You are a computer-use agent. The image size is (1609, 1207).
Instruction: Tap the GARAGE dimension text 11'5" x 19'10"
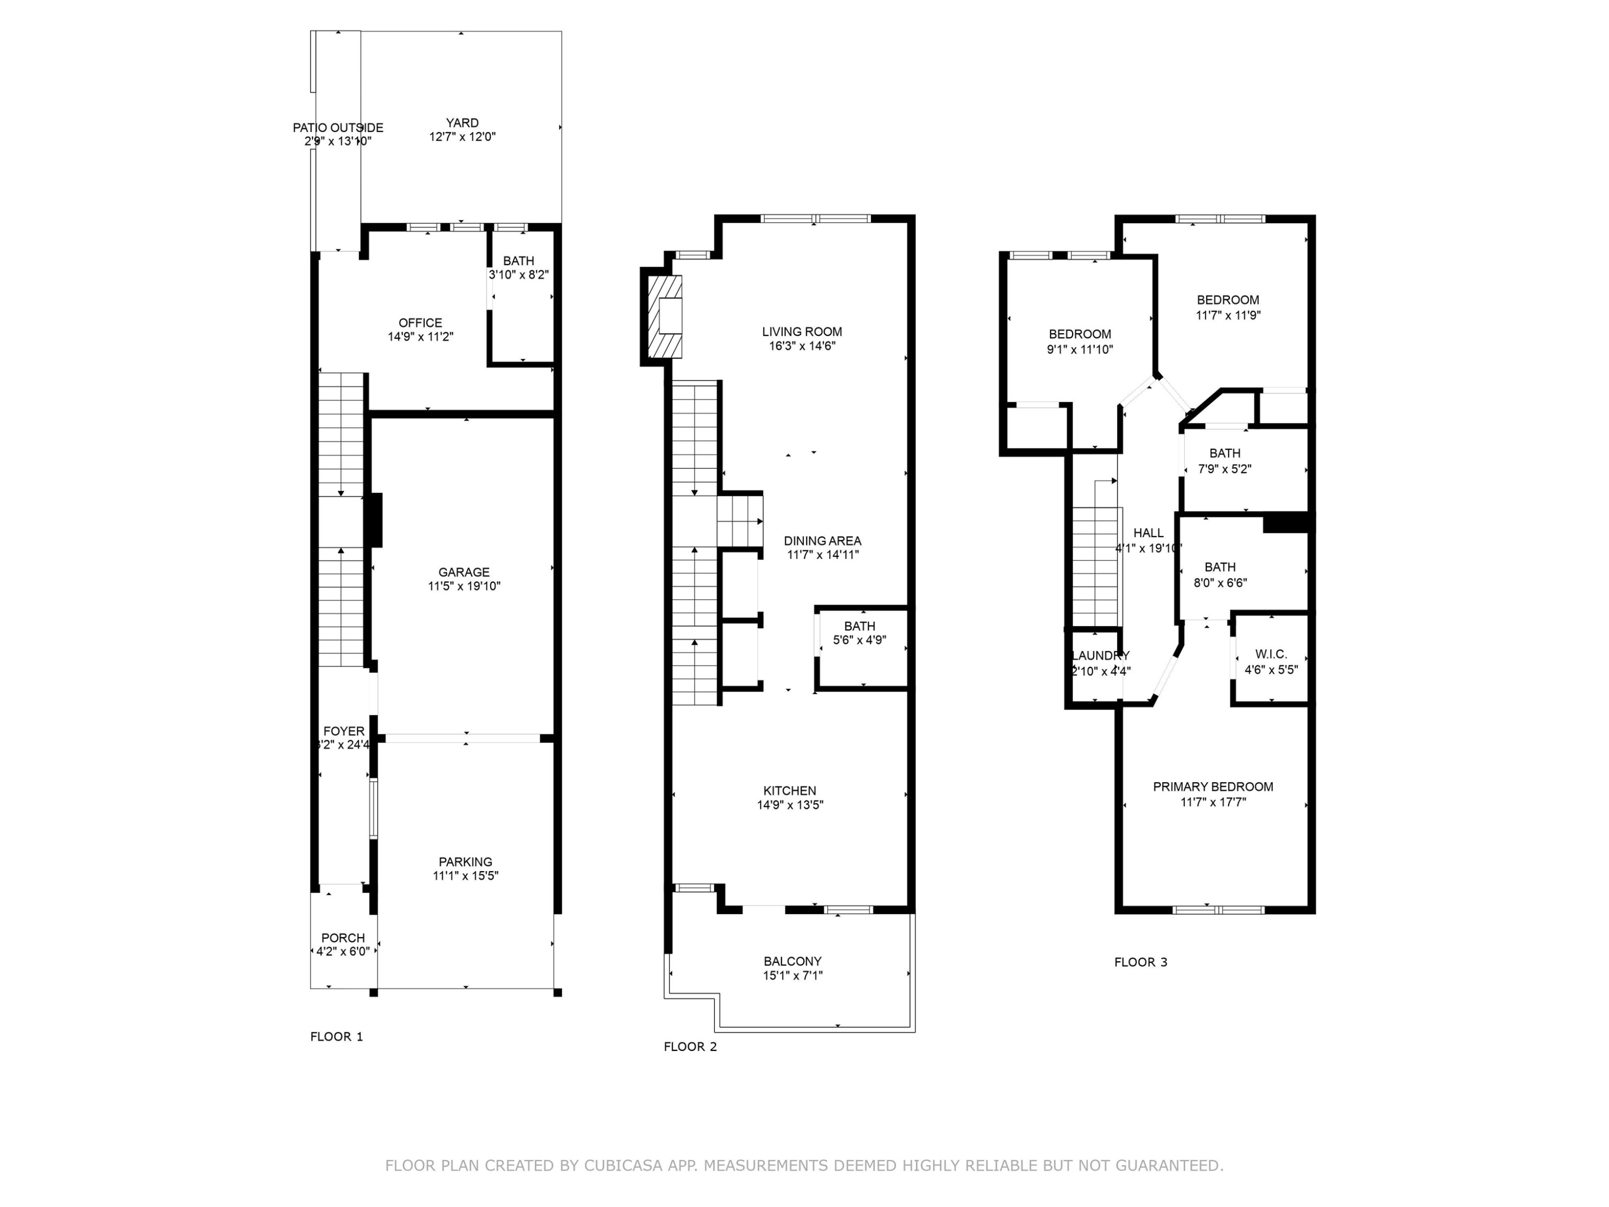pos(464,586)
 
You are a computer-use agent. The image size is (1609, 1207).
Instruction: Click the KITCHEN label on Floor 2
pos(789,791)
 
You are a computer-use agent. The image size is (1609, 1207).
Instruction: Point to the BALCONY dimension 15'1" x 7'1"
pos(792,976)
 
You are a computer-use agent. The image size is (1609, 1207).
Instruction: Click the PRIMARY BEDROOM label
pos(1213,786)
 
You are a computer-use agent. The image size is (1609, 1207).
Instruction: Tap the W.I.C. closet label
pos(1271,654)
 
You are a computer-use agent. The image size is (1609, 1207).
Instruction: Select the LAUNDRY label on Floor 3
pos(1100,656)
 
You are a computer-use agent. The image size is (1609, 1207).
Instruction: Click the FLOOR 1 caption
pos(336,1037)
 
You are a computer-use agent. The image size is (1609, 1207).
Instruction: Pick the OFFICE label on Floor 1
pos(420,323)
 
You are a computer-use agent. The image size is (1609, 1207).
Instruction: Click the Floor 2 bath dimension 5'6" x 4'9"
pos(859,641)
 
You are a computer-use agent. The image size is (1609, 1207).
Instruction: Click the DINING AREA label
pos(822,541)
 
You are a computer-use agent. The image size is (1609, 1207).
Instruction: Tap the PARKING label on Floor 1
pos(465,862)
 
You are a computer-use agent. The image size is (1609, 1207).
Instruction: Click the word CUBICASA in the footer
pos(623,1166)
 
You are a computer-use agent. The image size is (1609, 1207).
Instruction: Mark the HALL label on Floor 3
pos(1148,533)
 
